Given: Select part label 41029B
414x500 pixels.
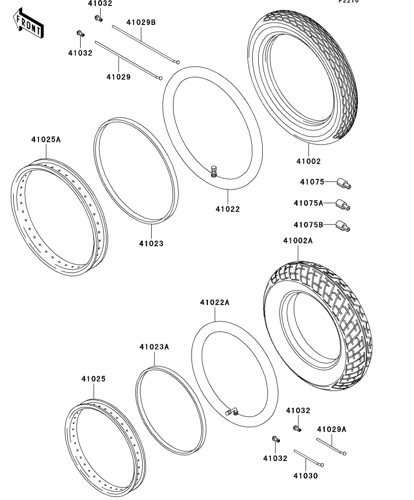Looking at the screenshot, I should (x=141, y=22).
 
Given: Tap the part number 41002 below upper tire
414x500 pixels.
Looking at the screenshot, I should (x=308, y=161).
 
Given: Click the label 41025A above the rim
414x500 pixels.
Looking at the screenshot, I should (x=46, y=139).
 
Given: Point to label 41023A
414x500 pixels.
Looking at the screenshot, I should (x=154, y=347).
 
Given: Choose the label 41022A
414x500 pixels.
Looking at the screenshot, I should (x=215, y=302).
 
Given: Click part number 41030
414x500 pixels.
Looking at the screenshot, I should (x=305, y=476).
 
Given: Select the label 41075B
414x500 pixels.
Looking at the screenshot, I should (x=308, y=225).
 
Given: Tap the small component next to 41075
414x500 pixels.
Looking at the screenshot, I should (x=344, y=184).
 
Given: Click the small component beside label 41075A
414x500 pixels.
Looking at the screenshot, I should (x=343, y=204).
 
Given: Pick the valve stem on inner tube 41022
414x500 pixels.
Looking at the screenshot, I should (x=214, y=171).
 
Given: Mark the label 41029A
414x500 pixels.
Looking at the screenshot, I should (x=332, y=429).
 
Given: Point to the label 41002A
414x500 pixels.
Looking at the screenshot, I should (x=298, y=241).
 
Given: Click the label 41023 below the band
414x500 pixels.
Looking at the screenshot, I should (x=151, y=243).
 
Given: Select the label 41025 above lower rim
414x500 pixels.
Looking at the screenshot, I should (x=93, y=379).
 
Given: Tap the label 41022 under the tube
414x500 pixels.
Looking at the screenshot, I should (x=227, y=209).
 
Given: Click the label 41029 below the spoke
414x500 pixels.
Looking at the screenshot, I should (x=119, y=77).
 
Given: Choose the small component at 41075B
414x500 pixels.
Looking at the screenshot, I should (x=343, y=225).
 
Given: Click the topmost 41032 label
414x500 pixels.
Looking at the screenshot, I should (x=100, y=4).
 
